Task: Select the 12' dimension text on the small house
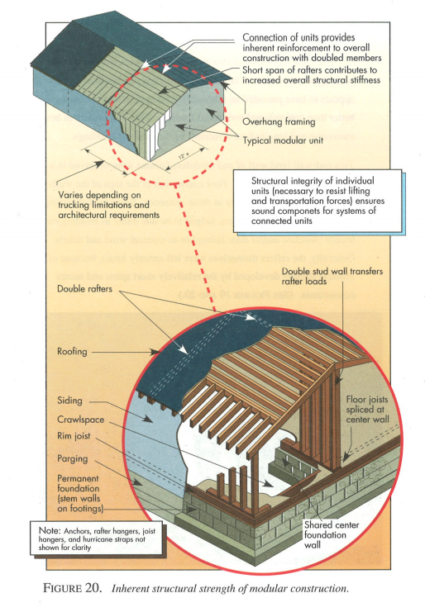pos(184,154)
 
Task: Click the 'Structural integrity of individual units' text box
pos(317,200)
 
